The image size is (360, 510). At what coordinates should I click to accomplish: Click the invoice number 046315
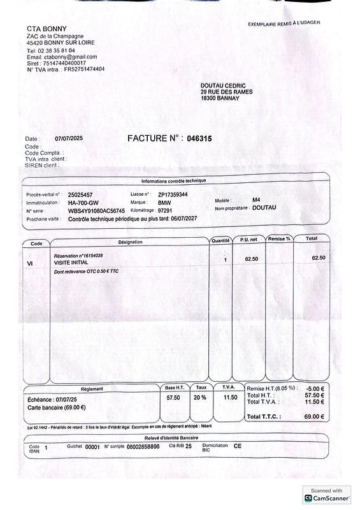(x=199, y=138)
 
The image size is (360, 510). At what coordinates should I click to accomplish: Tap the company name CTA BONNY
(x=42, y=29)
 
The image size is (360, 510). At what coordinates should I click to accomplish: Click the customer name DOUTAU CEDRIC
(x=222, y=85)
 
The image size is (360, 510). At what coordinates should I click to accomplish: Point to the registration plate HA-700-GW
(x=83, y=203)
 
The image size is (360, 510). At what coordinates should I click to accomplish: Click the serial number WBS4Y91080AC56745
(x=96, y=211)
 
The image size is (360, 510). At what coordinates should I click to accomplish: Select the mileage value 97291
(x=166, y=210)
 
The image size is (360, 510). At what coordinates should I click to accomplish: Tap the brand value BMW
(x=164, y=203)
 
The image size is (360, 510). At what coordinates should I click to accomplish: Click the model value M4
(x=256, y=200)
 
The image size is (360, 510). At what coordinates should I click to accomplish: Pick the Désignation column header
(x=131, y=242)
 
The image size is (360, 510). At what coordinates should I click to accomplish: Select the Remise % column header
(x=279, y=239)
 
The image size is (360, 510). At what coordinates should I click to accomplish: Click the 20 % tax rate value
(x=200, y=397)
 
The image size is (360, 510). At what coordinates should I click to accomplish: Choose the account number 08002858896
(x=143, y=447)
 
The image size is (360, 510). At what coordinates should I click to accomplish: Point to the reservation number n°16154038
(x=78, y=256)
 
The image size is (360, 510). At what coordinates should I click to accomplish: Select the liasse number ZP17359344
(x=173, y=194)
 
